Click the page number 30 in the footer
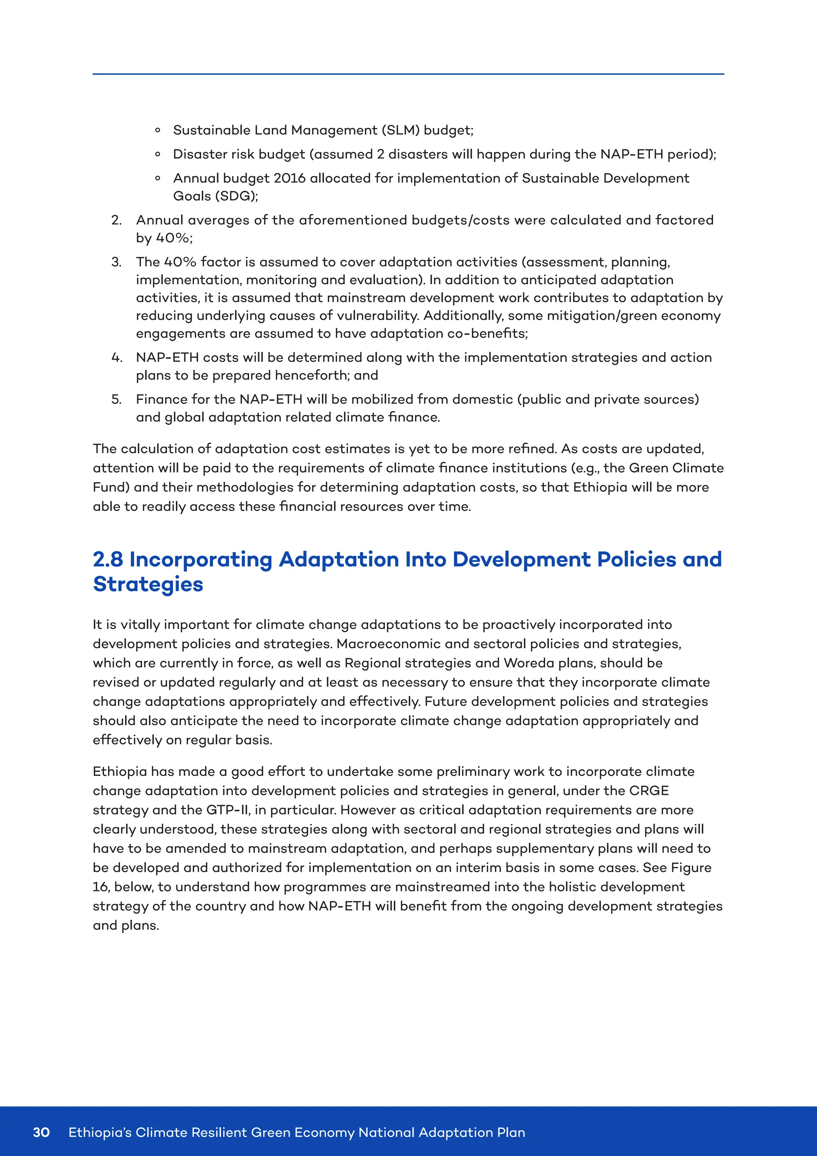coord(41,1132)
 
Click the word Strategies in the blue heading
coord(148,584)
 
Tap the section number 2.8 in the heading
coord(108,559)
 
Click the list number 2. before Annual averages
coord(116,220)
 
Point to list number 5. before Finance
coord(116,399)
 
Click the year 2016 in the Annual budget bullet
coord(289,178)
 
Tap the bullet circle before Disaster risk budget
coord(158,154)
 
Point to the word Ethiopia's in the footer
coord(100,1132)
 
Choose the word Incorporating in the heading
coord(201,559)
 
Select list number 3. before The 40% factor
coord(116,262)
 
